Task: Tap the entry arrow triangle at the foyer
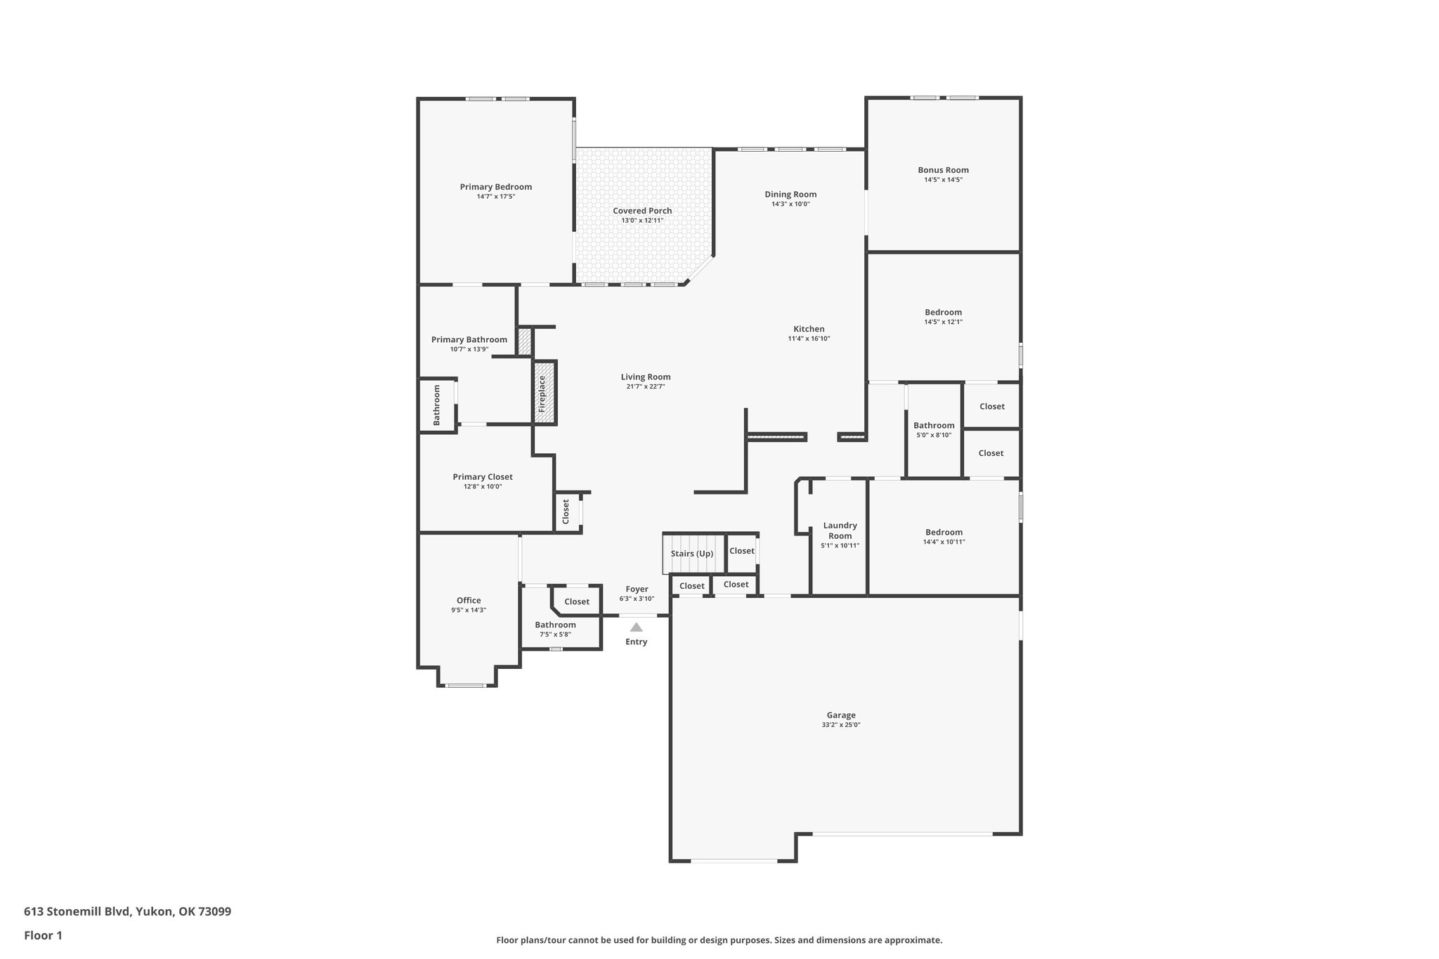pos(636,627)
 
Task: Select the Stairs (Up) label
pos(692,554)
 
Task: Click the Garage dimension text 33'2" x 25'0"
pos(840,725)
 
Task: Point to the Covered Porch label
pos(642,211)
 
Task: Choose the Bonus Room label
pos(943,170)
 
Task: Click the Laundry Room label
pos(840,530)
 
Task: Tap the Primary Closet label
pos(483,477)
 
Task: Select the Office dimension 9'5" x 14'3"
pos(469,611)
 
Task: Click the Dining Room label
pos(790,195)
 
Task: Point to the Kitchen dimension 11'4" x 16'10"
pos(809,339)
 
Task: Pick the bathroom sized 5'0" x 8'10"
pos(934,430)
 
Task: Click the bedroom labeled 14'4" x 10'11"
pos(944,537)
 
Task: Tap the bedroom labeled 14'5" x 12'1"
pos(943,317)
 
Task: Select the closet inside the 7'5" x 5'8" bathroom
pos(577,601)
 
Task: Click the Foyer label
pos(637,589)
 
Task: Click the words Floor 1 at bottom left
pos(44,935)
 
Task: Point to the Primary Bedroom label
pos(495,187)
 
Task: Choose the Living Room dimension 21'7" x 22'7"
pos(645,386)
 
